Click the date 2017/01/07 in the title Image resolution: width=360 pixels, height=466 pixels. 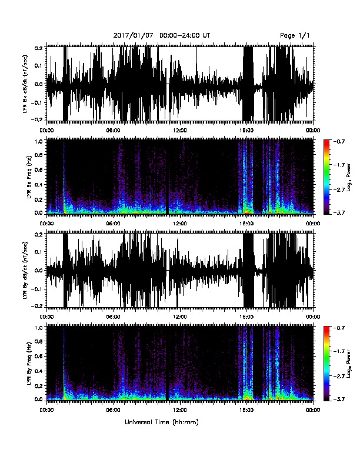coord(134,36)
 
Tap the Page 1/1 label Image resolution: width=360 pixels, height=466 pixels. coord(295,36)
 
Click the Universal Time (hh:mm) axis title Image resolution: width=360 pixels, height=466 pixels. coord(162,422)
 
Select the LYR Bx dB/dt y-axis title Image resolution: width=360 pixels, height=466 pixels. coord(25,84)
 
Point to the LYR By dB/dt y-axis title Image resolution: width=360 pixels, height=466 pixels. coord(25,270)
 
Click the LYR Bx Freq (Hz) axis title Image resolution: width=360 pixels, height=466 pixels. coord(29,178)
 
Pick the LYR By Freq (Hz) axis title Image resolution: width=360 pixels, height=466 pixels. coord(29,364)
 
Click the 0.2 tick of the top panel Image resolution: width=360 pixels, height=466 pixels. coord(41,48)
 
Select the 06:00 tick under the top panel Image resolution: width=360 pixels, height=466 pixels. coord(113,130)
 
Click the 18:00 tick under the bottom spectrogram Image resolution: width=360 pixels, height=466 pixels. coord(246,410)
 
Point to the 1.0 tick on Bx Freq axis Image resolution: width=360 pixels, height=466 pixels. coord(41,141)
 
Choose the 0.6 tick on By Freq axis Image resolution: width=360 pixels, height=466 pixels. coord(41,356)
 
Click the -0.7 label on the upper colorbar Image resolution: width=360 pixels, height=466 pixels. coord(339,141)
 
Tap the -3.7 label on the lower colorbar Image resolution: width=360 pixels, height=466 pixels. coord(339,399)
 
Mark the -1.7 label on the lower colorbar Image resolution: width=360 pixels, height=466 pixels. coord(339,351)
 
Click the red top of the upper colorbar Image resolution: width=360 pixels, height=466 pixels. coord(326,142)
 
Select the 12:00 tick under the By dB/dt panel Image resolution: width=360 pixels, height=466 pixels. coord(179,317)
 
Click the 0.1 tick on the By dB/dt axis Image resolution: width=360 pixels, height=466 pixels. coord(41,252)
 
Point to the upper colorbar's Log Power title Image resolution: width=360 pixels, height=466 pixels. coord(349,178)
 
